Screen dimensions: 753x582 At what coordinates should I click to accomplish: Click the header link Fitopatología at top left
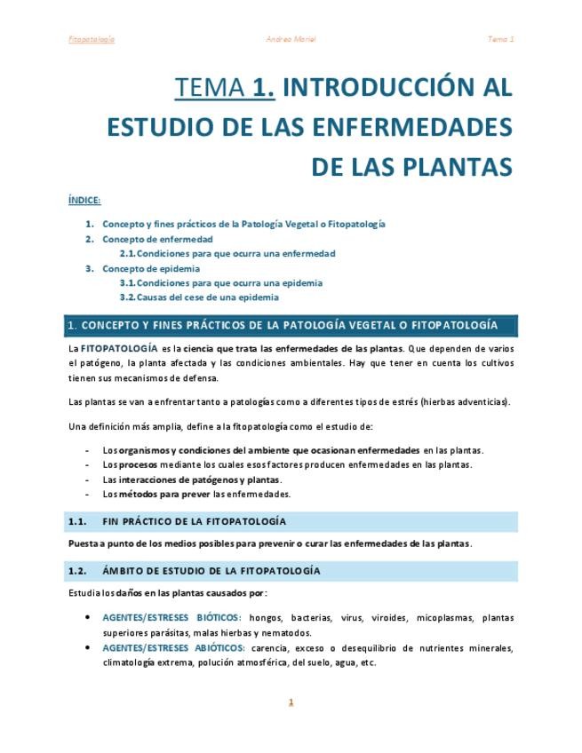click(91, 39)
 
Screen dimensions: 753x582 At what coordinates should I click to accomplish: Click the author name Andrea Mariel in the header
click(291, 39)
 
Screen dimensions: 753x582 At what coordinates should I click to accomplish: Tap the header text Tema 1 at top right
click(500, 39)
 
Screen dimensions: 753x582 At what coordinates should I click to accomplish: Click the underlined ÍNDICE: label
click(84, 200)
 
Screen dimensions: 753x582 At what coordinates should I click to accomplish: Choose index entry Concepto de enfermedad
click(157, 239)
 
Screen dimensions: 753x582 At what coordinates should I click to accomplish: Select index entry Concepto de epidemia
click(151, 268)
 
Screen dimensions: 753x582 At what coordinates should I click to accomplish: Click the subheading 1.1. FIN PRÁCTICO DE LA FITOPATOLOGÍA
click(178, 521)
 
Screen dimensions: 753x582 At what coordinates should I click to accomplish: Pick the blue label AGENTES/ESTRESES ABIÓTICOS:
click(174, 647)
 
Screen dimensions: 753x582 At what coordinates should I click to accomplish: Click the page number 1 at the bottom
click(291, 702)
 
